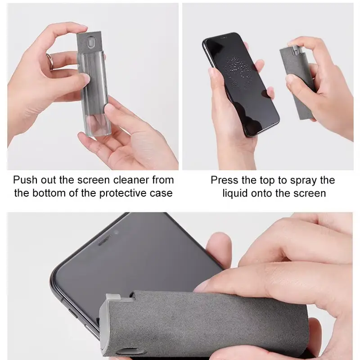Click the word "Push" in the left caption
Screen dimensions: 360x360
(25, 180)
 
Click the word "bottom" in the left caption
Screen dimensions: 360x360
(49, 193)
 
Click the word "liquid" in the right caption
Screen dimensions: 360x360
(235, 193)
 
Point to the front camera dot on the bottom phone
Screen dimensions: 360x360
(116, 232)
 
